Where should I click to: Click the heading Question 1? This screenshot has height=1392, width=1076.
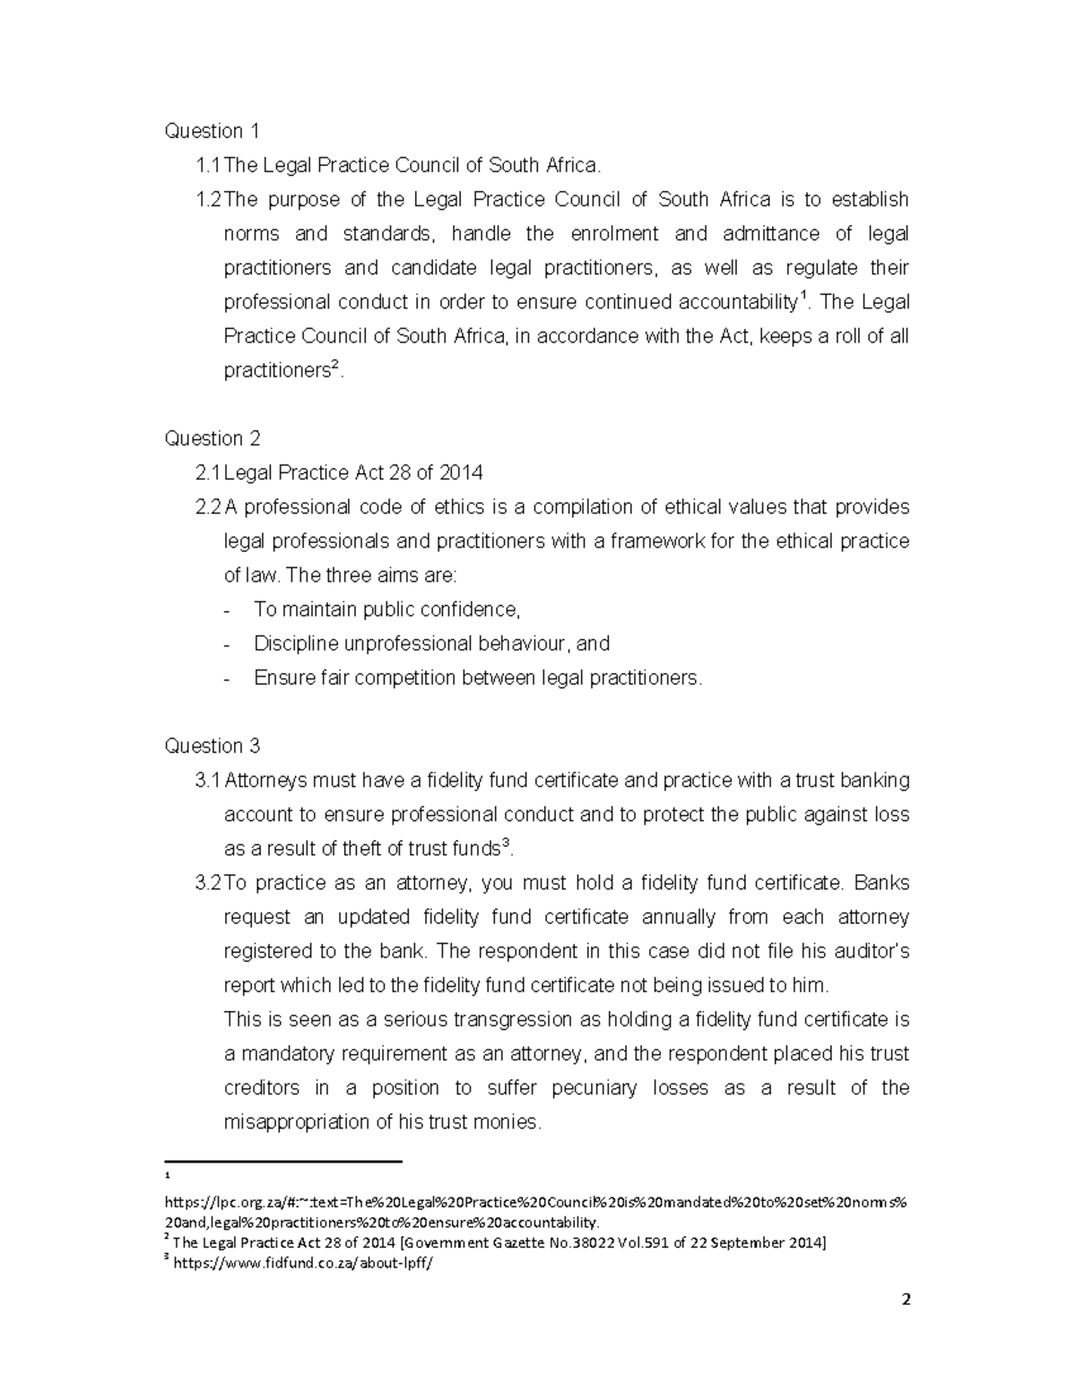coord(212,131)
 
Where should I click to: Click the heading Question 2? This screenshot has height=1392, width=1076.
coord(213,438)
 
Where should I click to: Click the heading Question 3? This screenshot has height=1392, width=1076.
coord(213,746)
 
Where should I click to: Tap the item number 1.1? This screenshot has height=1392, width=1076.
coord(207,165)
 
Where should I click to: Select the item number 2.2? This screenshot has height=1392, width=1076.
coord(207,507)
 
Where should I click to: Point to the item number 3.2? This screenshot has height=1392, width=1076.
coord(207,883)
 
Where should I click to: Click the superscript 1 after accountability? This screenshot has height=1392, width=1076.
coord(803,296)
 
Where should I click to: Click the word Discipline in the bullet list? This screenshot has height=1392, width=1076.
coord(296,644)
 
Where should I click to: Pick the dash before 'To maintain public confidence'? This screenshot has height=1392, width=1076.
coord(229,610)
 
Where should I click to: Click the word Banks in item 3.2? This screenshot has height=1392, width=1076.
coord(881,883)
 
